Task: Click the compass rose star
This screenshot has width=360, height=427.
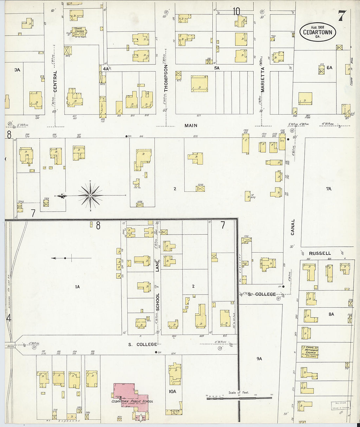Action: coord(90,195)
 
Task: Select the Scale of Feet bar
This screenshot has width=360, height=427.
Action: coord(239,397)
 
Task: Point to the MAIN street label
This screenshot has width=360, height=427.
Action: coord(191,126)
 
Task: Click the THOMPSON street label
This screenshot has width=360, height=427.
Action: coord(166,78)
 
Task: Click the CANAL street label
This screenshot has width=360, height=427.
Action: coord(293,227)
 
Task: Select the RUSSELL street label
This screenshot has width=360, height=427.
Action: coord(320,253)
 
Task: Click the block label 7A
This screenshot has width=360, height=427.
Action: coord(329,189)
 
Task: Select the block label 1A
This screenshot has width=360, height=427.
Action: coord(77,287)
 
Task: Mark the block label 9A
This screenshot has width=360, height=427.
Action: coord(259,359)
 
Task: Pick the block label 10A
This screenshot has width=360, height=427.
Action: coord(172,392)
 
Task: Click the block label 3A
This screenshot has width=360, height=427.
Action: coord(17,70)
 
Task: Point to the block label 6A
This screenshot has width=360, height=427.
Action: coord(329,68)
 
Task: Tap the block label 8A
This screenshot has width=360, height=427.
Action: coord(331,314)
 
